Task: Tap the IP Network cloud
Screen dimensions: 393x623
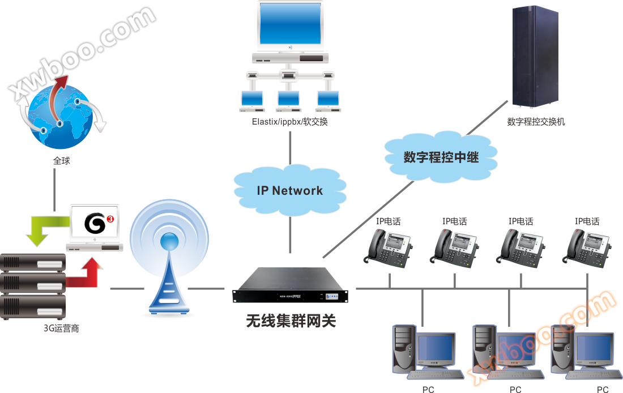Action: (x=289, y=190)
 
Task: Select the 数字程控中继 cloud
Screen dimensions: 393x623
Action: (x=441, y=157)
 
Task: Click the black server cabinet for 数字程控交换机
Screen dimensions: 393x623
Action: (x=535, y=57)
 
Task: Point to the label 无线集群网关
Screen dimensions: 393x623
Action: (x=291, y=322)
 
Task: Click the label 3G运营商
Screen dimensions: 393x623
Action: (x=61, y=328)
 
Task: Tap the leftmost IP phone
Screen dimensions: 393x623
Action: (x=388, y=246)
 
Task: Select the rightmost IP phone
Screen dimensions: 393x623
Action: (x=587, y=246)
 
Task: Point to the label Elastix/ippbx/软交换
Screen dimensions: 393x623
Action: (x=290, y=122)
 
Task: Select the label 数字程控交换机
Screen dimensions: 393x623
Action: (x=536, y=122)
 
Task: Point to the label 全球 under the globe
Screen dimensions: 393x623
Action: (x=61, y=161)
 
